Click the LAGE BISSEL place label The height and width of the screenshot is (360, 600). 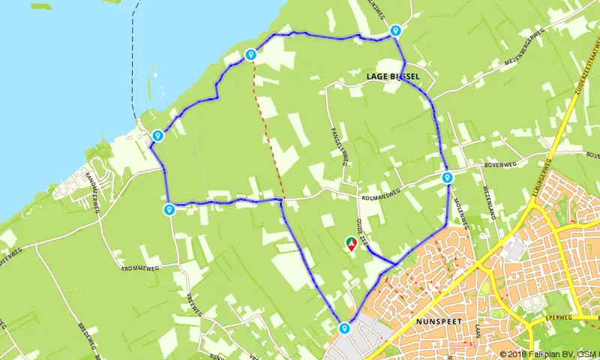(393, 76)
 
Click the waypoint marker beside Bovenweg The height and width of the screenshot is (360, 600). (447, 178)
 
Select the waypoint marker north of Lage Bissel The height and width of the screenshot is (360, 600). (394, 31)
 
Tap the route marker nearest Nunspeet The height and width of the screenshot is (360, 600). (344, 328)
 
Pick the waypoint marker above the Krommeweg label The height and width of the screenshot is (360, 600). (169, 209)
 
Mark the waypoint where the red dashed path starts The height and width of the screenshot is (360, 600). (251, 54)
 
